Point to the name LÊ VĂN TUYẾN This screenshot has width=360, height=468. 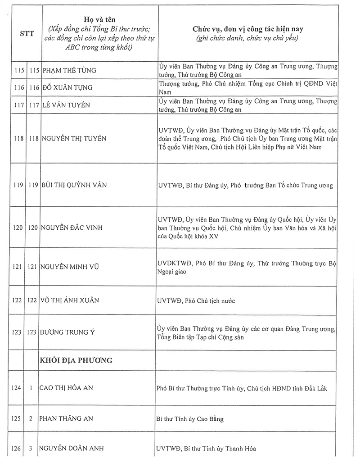(x=66, y=105)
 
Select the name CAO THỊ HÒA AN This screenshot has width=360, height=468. (x=68, y=387)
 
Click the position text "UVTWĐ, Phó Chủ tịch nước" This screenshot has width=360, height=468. (x=196, y=300)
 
